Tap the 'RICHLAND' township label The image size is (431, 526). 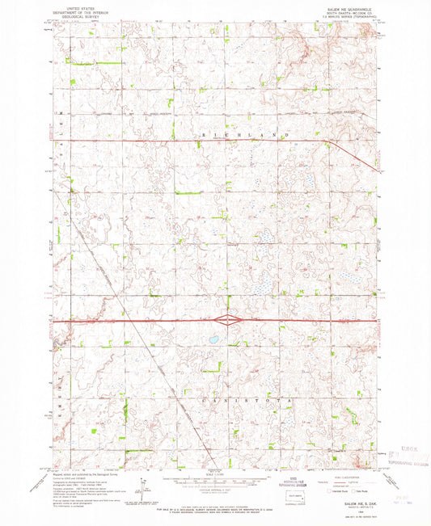click(252, 133)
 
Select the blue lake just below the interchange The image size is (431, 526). click(215, 339)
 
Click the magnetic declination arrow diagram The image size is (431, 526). click(142, 486)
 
